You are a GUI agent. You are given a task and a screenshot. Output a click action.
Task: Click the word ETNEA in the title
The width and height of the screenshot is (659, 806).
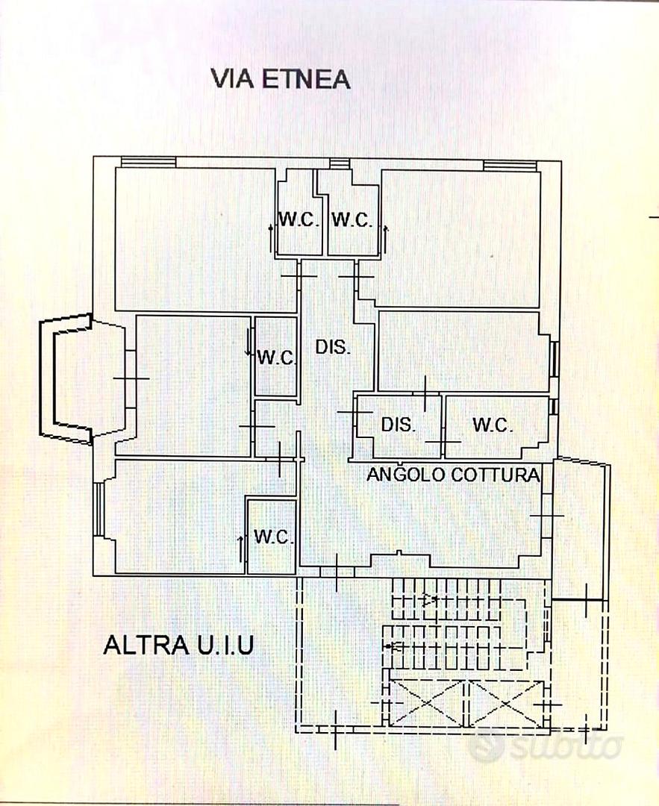[307, 79]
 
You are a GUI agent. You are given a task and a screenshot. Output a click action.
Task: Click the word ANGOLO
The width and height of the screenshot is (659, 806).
[405, 474]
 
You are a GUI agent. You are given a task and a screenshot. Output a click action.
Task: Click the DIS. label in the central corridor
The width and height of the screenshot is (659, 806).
[332, 347]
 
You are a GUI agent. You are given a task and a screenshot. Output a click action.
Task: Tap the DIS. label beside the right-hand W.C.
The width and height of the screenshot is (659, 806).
[398, 425]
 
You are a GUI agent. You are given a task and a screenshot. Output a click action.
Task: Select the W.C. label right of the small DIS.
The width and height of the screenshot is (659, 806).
[493, 425]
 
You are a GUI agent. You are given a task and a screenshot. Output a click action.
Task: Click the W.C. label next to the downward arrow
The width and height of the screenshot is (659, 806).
[277, 357]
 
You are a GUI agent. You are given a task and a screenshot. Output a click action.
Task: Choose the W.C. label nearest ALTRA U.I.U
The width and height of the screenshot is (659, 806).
[272, 537]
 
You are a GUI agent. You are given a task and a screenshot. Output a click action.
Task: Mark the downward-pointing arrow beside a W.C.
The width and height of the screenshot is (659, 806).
[251, 346]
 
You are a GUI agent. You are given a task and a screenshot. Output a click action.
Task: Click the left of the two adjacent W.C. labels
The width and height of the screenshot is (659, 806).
[299, 220]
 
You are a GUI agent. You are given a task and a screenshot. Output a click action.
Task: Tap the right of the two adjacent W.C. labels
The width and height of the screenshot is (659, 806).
[352, 220]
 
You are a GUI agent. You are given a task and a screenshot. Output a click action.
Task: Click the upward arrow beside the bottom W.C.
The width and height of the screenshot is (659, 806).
[240, 549]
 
